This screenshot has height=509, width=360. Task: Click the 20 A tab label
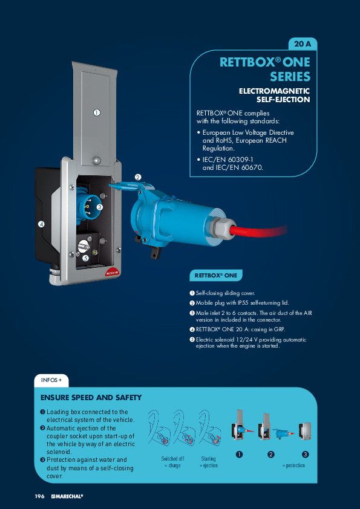tap(302, 44)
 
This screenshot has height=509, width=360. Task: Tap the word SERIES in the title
tap(290, 77)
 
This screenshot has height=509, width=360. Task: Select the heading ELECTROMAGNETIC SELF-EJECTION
tap(274, 96)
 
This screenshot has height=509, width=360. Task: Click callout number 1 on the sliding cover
tap(96, 112)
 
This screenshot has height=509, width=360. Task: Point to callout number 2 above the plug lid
tap(138, 177)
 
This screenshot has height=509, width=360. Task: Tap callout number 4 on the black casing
tap(41, 224)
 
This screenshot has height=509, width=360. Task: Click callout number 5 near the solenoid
tap(85, 258)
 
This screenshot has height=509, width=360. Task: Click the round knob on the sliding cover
tap(97, 160)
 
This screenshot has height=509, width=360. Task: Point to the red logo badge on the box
tap(112, 273)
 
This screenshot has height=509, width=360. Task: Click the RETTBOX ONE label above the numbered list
tap(216, 276)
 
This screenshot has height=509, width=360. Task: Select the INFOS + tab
tap(51, 380)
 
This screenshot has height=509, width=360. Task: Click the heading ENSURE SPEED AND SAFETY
tap(91, 398)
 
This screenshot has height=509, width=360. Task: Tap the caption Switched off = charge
tap(172, 462)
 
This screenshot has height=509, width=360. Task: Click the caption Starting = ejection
tap(208, 462)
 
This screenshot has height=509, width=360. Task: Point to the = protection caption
tap(293, 465)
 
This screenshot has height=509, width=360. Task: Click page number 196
tap(39, 496)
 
